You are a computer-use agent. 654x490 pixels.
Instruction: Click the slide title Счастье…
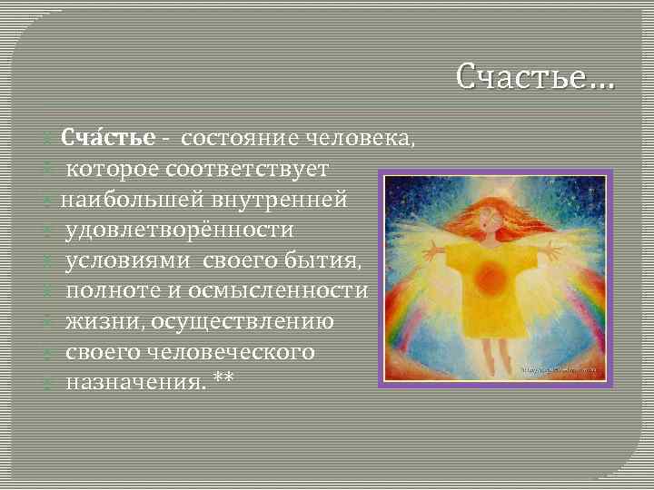535,78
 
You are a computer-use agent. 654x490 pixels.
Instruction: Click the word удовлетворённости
167,230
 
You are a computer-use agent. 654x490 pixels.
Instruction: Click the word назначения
134,382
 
